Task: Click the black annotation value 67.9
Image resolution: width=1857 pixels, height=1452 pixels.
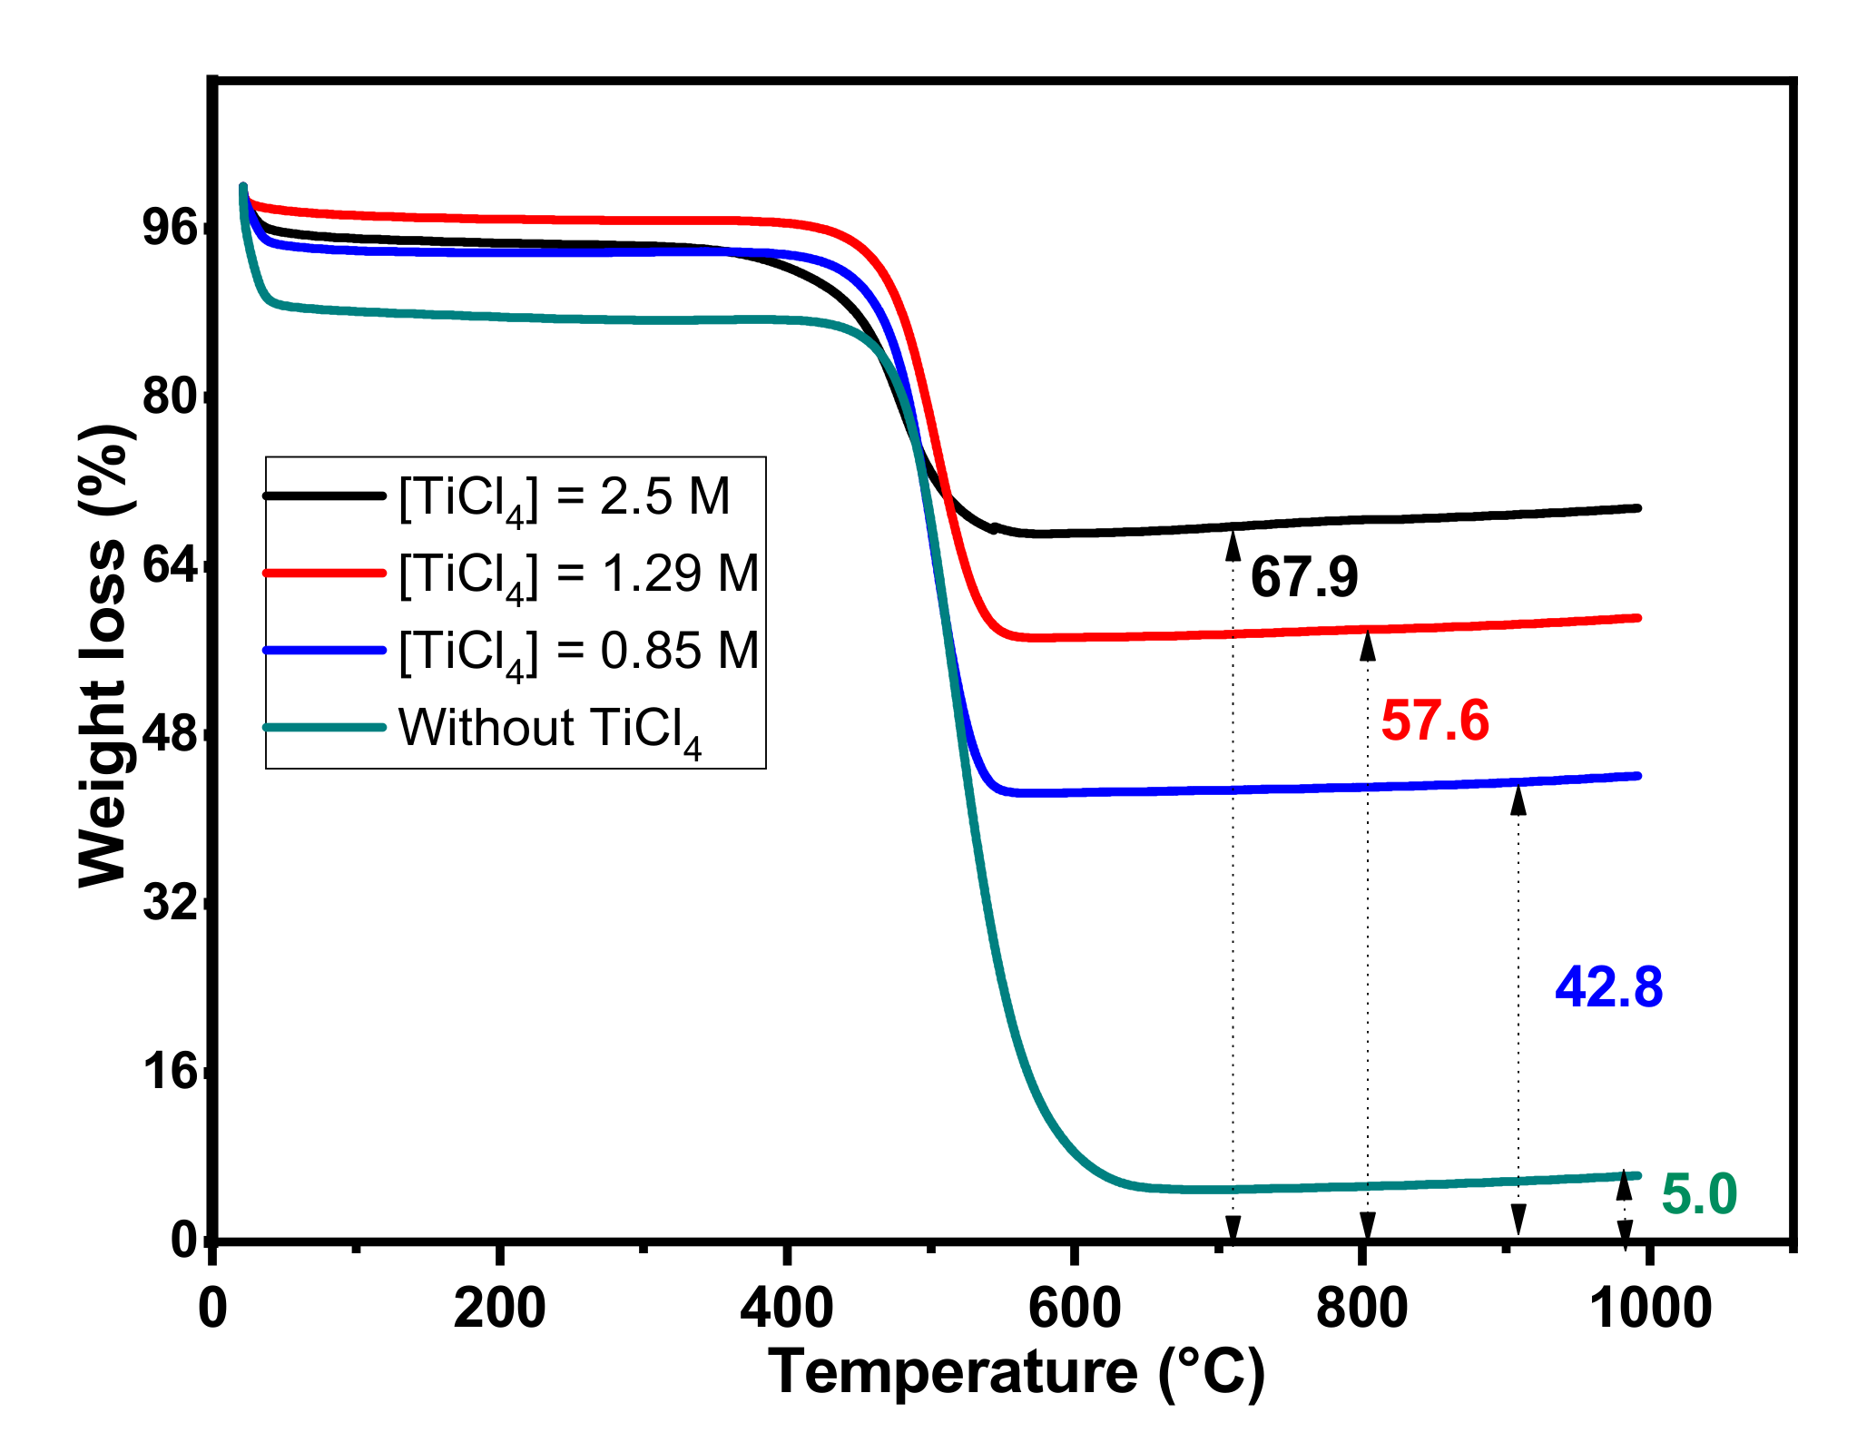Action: [x=1303, y=577]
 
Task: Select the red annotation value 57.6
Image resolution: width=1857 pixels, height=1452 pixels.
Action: [x=1434, y=721]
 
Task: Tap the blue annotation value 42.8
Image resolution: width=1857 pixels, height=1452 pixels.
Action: [x=1608, y=987]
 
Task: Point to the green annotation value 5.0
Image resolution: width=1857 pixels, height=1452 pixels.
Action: [x=1698, y=1194]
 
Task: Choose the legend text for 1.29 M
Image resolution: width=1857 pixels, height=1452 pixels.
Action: [x=578, y=574]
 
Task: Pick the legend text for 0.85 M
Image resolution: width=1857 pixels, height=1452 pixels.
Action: [x=578, y=652]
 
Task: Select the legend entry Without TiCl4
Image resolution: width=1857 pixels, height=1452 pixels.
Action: [x=549, y=729]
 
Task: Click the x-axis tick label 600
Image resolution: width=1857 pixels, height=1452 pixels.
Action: [x=1074, y=1310]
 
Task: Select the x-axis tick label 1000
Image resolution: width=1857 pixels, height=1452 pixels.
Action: [x=1651, y=1310]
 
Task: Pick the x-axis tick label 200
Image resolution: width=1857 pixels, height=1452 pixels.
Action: [x=499, y=1310]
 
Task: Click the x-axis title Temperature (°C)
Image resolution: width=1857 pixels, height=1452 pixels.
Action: [x=1017, y=1371]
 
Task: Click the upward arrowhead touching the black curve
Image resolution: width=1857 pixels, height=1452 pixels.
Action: [x=1233, y=544]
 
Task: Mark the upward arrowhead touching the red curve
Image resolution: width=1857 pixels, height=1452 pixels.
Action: [x=1367, y=646]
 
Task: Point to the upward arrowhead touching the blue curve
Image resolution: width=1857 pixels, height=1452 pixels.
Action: [x=1518, y=801]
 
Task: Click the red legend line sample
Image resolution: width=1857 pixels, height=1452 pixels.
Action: [x=324, y=573]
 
